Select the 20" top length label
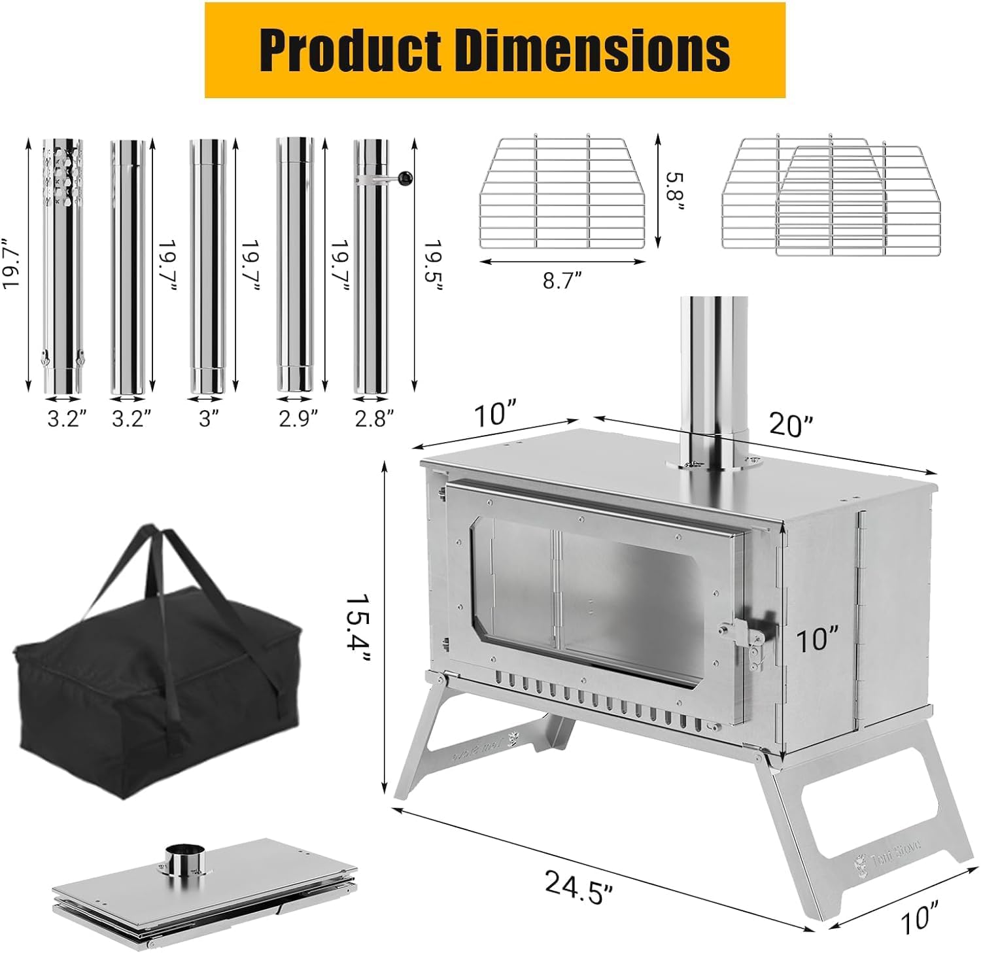coord(791,425)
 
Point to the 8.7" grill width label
coord(562,281)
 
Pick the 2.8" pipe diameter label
coord(374,418)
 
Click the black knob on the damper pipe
coord(405,177)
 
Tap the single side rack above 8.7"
coord(562,193)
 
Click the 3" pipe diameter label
coord(209,418)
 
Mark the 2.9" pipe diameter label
coord(298,418)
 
